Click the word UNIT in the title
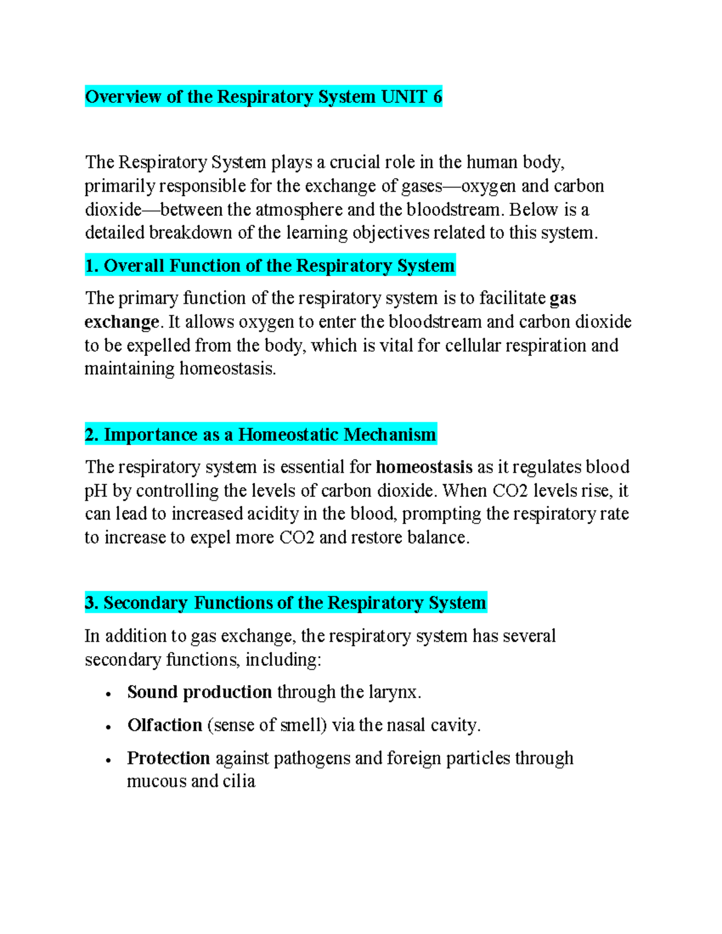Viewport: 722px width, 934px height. (x=404, y=97)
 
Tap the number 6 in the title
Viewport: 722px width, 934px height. (x=437, y=97)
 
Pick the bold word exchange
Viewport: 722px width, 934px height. (x=122, y=322)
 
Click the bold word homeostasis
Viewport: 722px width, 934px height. (x=424, y=467)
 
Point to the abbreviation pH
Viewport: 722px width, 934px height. (x=96, y=491)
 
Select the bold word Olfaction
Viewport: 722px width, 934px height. (x=164, y=725)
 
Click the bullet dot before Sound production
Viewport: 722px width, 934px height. (x=108, y=694)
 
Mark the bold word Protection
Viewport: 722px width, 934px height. (x=168, y=758)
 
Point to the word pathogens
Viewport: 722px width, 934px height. (x=312, y=758)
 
